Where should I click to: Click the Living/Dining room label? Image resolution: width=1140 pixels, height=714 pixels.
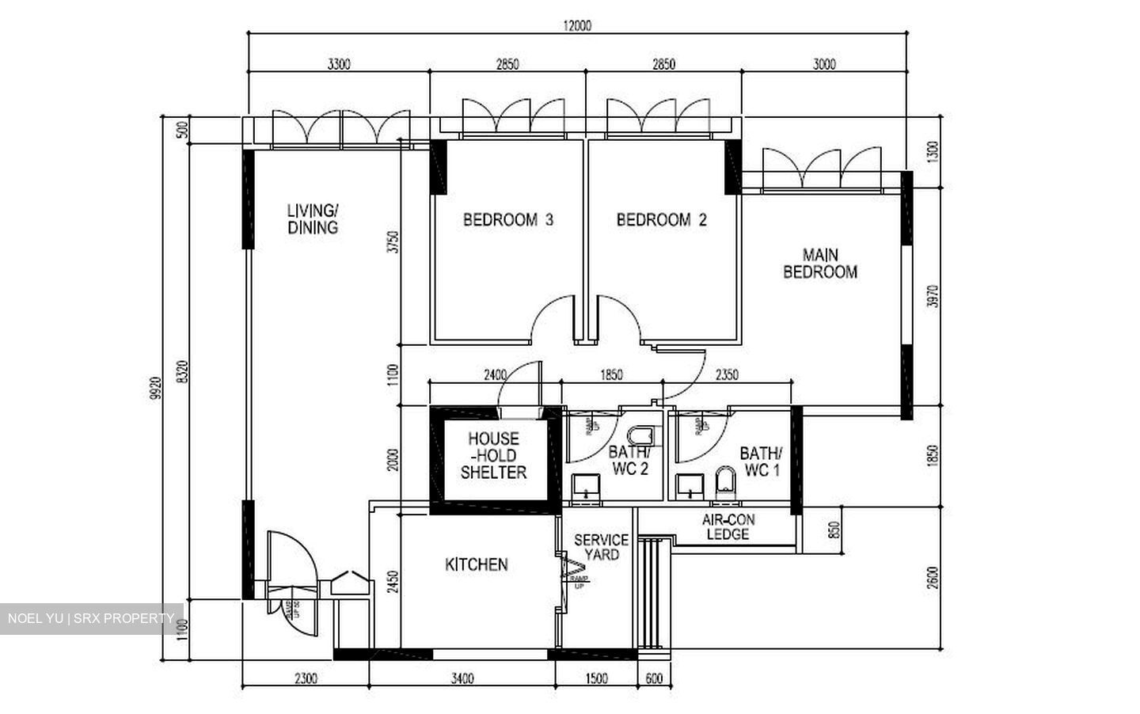313,219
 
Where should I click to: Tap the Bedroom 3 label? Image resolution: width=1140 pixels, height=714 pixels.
507,220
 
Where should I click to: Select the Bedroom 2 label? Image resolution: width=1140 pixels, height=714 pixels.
661,220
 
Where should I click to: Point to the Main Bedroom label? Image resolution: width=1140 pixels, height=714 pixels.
820,264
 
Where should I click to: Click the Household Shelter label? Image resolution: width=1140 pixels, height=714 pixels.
493,455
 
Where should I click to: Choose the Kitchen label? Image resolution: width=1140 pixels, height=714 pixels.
476,564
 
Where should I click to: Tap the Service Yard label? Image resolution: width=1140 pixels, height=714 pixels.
601,547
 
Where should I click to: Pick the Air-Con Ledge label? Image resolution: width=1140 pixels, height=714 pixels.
728,527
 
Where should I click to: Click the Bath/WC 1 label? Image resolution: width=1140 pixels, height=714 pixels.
760,462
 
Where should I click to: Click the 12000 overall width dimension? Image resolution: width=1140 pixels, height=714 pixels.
577,25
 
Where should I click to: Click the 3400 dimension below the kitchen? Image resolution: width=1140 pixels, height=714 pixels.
462,678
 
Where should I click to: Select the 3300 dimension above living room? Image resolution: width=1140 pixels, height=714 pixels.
339,65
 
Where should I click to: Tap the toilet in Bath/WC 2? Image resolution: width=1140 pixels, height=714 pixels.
641,435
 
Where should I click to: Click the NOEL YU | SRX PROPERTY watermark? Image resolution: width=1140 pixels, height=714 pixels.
91,618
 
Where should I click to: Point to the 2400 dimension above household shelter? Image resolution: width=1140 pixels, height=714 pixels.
495,375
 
